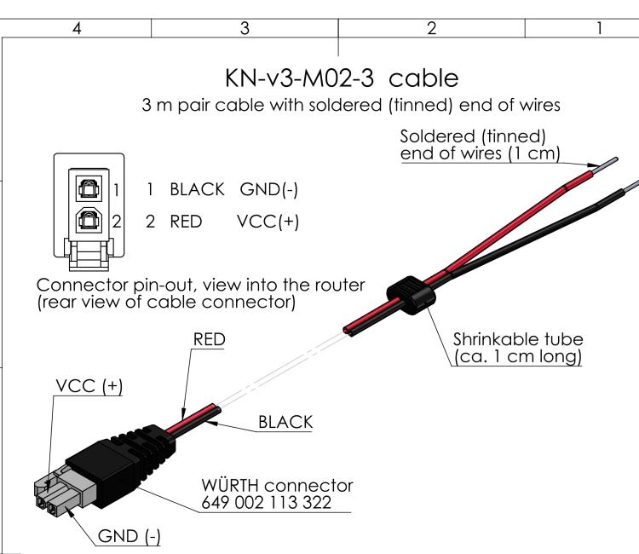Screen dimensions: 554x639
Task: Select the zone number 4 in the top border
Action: click(x=78, y=28)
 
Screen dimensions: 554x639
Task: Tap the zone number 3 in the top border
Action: click(x=244, y=28)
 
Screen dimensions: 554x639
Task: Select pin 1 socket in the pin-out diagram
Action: click(x=88, y=185)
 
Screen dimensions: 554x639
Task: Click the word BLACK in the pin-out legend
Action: click(x=199, y=188)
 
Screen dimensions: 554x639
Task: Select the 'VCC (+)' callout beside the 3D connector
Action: click(x=89, y=385)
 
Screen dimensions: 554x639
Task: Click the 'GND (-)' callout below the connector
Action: click(x=130, y=535)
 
